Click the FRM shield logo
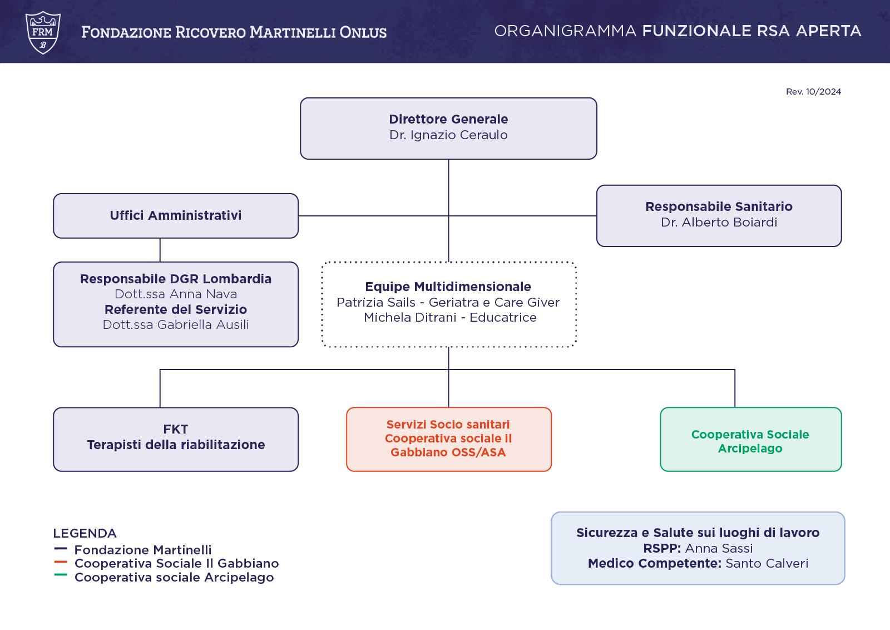click(43, 32)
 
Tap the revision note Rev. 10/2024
click(813, 91)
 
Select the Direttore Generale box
click(448, 129)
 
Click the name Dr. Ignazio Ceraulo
click(448, 135)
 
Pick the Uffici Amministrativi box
click(176, 216)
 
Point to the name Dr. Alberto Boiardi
click(719, 222)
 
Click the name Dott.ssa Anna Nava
click(176, 294)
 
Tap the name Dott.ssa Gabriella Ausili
click(176, 324)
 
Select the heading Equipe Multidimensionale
click(448, 287)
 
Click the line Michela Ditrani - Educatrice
click(450, 318)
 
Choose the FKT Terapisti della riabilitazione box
click(176, 439)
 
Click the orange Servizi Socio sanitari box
click(448, 439)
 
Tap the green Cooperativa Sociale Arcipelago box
click(750, 439)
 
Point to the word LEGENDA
click(85, 533)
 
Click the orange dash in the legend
click(61, 562)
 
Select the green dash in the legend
click(61, 575)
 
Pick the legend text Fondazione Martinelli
click(143, 550)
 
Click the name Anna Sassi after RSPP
click(719, 549)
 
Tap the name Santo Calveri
click(767, 564)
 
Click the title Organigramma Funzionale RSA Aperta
click(678, 31)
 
